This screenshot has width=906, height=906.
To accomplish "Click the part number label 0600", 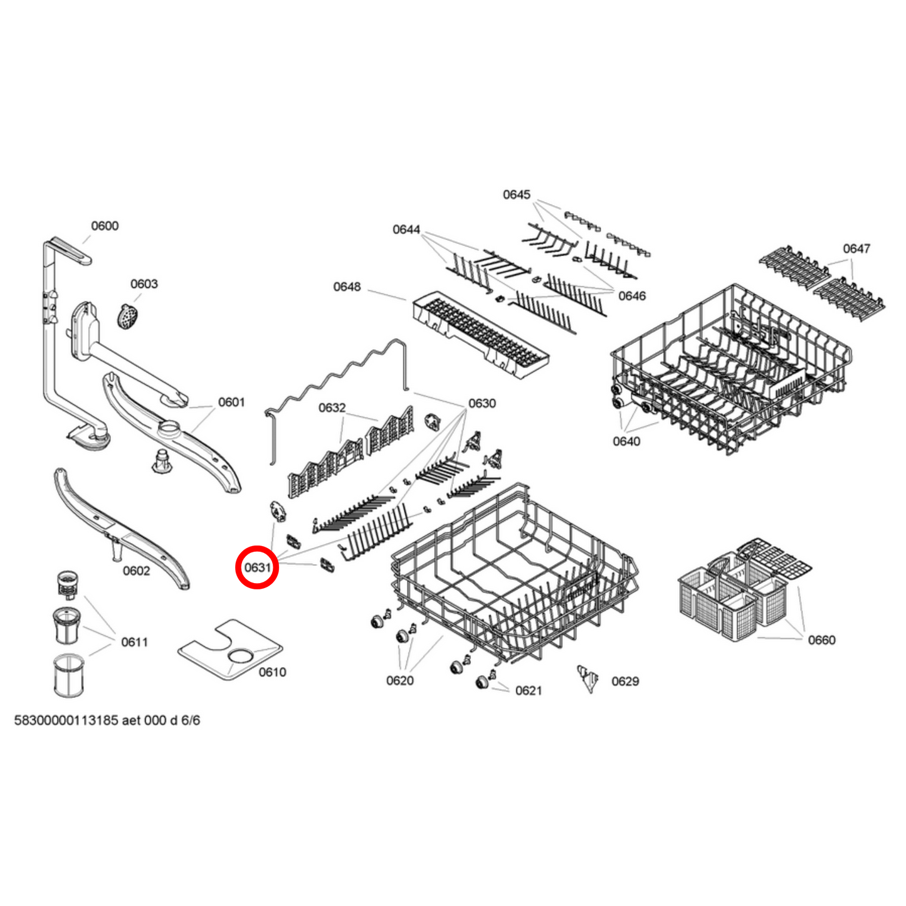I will tap(105, 226).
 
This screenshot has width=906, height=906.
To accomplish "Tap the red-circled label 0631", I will tap(257, 567).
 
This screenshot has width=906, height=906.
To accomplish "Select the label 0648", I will tap(347, 287).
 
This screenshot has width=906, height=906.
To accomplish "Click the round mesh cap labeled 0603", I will tap(128, 315).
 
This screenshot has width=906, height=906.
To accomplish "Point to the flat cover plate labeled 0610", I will tap(230, 650).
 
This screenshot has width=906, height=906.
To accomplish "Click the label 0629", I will tap(625, 682).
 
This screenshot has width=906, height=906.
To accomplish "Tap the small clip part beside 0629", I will tap(589, 678).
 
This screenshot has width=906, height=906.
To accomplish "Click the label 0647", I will tap(856, 249).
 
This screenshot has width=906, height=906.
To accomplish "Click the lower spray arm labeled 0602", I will tap(119, 527).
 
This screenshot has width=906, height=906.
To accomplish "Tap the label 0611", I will tap(134, 642).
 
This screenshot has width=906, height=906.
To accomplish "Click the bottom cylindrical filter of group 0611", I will tap(68, 675).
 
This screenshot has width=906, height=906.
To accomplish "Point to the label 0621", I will tap(529, 691).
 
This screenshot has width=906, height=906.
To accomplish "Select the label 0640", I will tap(626, 441).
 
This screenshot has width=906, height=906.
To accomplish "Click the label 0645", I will tap(517, 195).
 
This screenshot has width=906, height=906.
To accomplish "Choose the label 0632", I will tap(332, 408).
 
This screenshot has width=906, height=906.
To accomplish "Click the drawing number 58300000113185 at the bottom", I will tap(66, 720).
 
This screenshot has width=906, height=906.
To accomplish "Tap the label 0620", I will tap(400, 681).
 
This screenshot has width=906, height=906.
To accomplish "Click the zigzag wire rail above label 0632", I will tap(339, 376).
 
